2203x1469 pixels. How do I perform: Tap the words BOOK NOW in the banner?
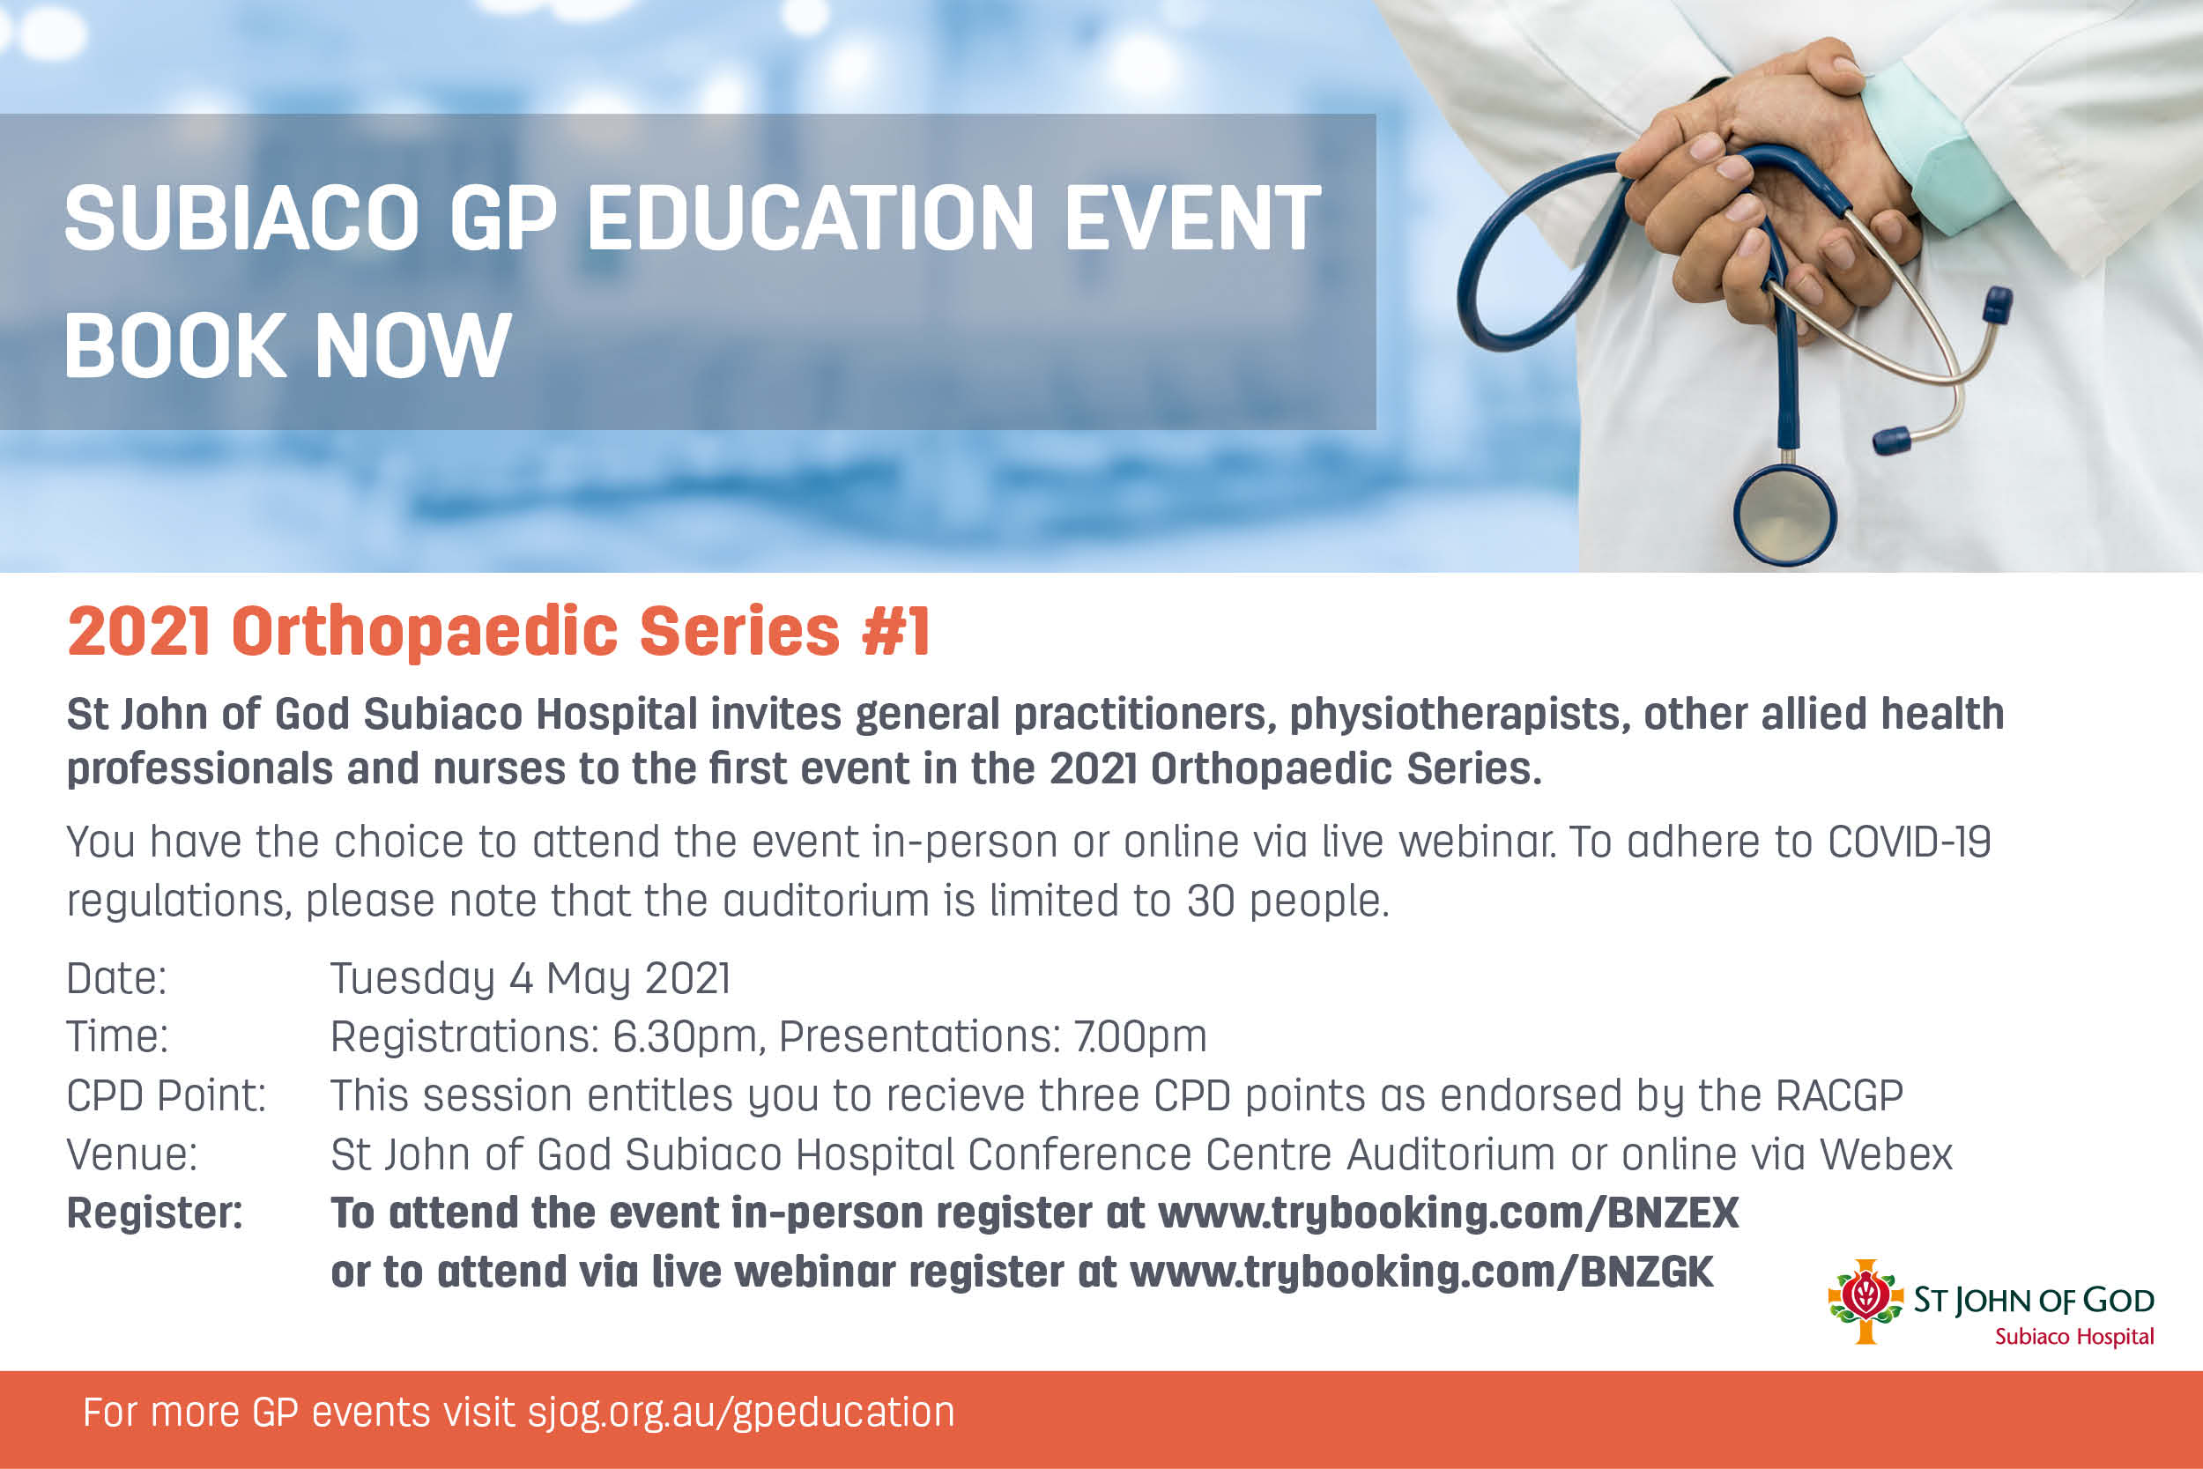pyautogui.click(x=287, y=345)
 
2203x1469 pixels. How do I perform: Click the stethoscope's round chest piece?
pyautogui.click(x=1784, y=515)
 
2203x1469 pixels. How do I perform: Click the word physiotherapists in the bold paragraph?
pyautogui.click(x=1455, y=715)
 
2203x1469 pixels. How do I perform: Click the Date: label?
pyautogui.click(x=116, y=978)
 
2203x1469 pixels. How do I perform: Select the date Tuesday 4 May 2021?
pyautogui.click(x=530, y=979)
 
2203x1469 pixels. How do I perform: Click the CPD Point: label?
pyautogui.click(x=166, y=1095)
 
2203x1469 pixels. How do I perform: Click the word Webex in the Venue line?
pyautogui.click(x=1886, y=1154)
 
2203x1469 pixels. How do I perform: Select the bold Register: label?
pyautogui.click(x=154, y=1213)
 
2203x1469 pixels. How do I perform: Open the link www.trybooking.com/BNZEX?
pyautogui.click(x=1448, y=1213)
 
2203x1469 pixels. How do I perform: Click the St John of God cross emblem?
pyautogui.click(x=1865, y=1301)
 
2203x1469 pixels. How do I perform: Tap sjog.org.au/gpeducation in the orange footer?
pyautogui.click(x=741, y=1413)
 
